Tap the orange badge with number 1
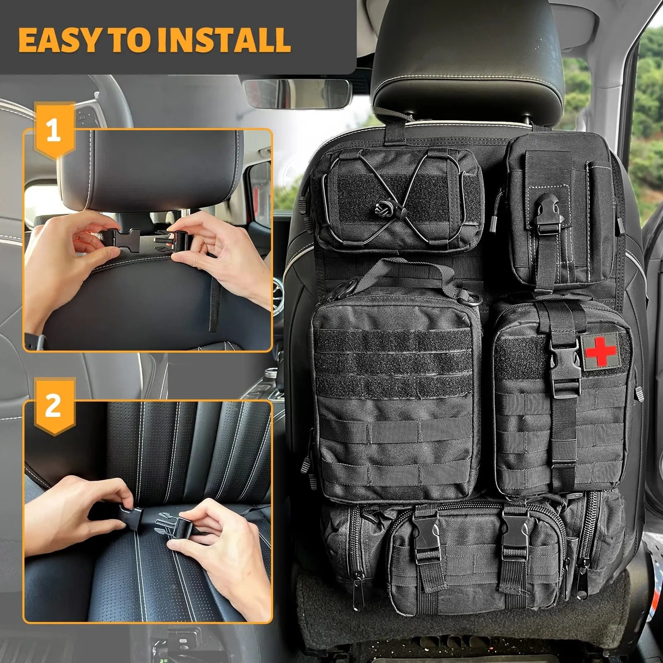click(x=53, y=132)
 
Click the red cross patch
click(x=600, y=351)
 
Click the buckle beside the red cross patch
click(x=564, y=365)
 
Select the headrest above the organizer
click(x=468, y=58)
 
